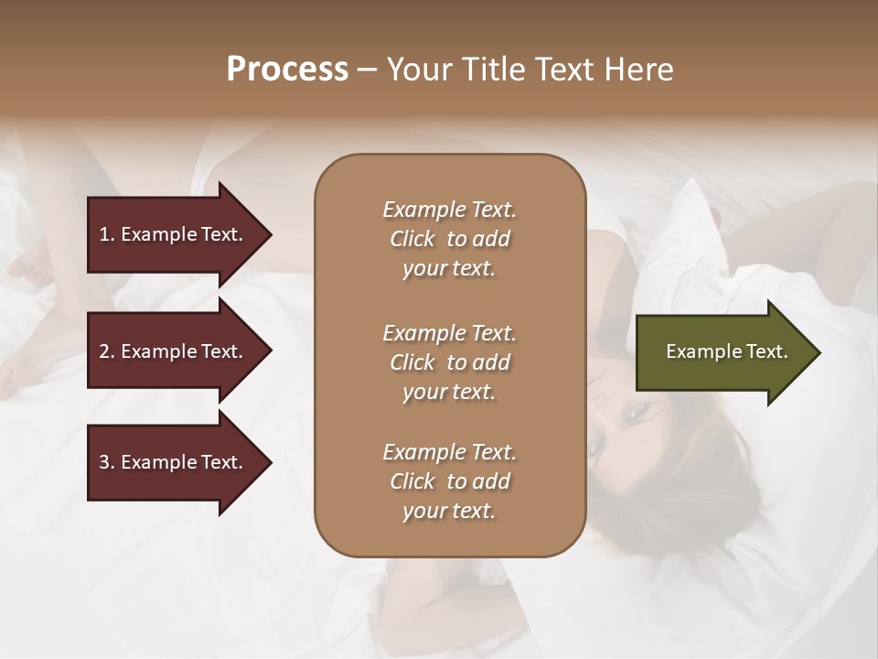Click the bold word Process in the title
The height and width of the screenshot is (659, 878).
click(287, 70)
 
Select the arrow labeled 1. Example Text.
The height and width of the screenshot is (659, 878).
click(174, 234)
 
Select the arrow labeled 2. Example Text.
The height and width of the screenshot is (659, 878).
click(174, 351)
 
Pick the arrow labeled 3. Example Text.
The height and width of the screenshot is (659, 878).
click(174, 462)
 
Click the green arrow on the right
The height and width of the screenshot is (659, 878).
click(723, 352)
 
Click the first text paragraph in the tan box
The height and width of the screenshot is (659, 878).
click(449, 239)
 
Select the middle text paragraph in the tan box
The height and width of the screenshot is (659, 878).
click(449, 362)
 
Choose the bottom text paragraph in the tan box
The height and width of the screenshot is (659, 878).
click(449, 481)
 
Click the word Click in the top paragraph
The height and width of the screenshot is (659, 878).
click(412, 239)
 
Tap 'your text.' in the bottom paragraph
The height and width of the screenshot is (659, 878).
click(449, 512)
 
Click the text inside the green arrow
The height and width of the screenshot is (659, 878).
click(726, 351)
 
